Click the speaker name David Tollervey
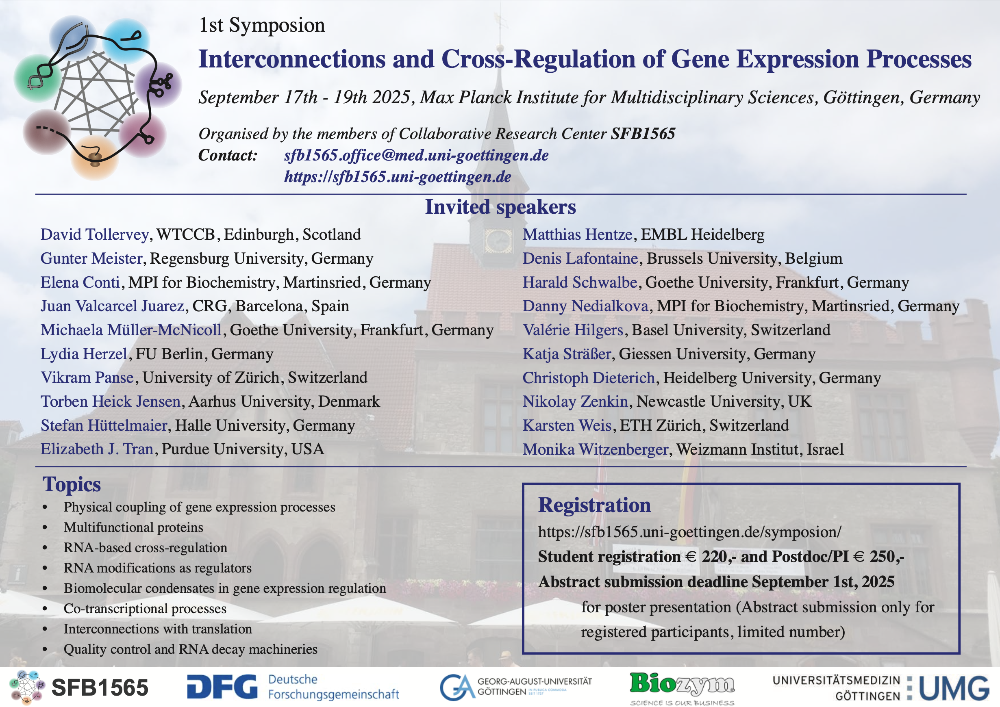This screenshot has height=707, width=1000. pos(94,235)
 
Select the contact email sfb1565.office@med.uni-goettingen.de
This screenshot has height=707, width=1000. pos(416,155)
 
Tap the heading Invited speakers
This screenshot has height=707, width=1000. pos(500,207)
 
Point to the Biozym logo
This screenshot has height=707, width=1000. pos(682,688)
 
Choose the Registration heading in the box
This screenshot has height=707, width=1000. pos(594,505)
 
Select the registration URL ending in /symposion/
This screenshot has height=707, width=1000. pos(689,532)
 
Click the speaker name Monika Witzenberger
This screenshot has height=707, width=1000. pos(596,449)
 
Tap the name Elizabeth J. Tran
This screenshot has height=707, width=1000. pos(97,449)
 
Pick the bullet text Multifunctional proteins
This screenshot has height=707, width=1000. pos(133,527)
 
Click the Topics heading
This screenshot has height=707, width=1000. pos(72,484)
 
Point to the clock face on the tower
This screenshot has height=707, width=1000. pos(498,241)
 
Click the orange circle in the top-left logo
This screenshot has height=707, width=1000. pos(95,158)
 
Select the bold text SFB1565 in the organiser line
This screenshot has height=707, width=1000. pos(643,134)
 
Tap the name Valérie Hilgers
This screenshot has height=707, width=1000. pos(573,330)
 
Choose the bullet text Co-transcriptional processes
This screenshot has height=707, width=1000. pos(145,609)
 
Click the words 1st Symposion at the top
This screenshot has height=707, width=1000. pos(262,25)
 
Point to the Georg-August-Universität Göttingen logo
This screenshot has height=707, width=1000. pos(516,687)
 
